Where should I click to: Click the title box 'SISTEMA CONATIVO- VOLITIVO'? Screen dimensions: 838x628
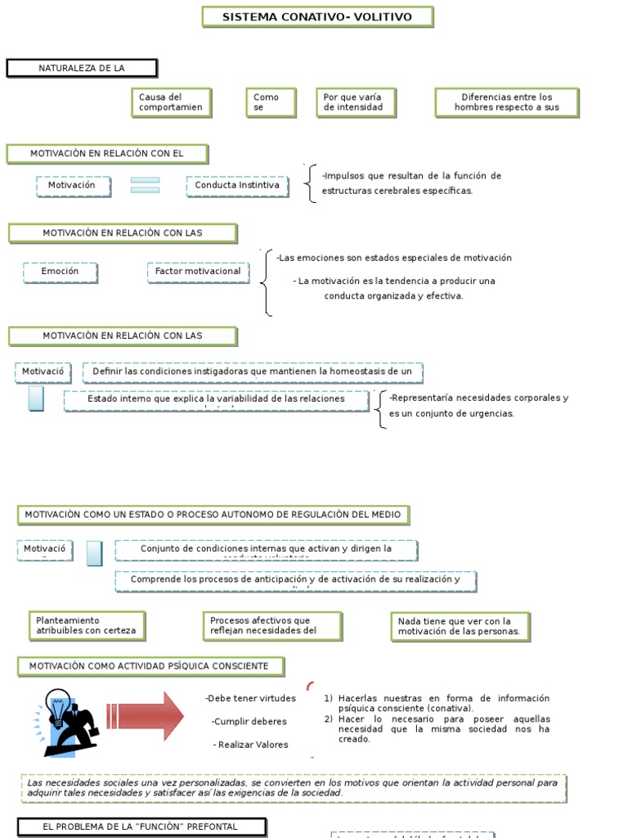pyautogui.click(x=317, y=17)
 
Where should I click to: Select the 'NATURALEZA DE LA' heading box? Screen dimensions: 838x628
pyautogui.click(x=82, y=68)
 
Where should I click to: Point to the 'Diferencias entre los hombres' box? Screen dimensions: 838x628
pyautogui.click(x=507, y=102)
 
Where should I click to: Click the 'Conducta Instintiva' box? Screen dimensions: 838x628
pyautogui.click(x=237, y=186)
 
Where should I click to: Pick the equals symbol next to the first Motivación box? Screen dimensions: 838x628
pyautogui.click(x=145, y=186)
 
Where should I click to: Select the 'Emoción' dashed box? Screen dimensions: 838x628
pyautogui.click(x=61, y=272)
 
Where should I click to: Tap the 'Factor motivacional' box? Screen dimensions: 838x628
pyautogui.click(x=198, y=272)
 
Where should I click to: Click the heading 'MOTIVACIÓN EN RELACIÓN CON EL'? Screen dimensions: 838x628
pyautogui.click(x=107, y=154)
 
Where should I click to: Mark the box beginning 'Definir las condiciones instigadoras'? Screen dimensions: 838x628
pyautogui.click(x=253, y=372)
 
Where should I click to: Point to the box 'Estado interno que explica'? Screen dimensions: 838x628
pyautogui.click(x=217, y=400)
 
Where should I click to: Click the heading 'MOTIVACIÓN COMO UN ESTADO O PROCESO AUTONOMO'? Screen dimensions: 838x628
pyautogui.click(x=213, y=515)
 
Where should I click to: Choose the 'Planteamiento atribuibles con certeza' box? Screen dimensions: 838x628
pyautogui.click(x=86, y=626)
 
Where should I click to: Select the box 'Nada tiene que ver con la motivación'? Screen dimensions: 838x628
pyautogui.click(x=459, y=627)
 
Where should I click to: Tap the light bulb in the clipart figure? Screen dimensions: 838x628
pyautogui.click(x=58, y=705)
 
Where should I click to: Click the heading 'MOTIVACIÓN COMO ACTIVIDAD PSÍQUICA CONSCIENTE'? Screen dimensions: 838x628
pyautogui.click(x=150, y=666)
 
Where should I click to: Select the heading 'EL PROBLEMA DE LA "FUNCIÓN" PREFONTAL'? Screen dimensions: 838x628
pyautogui.click(x=141, y=827)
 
